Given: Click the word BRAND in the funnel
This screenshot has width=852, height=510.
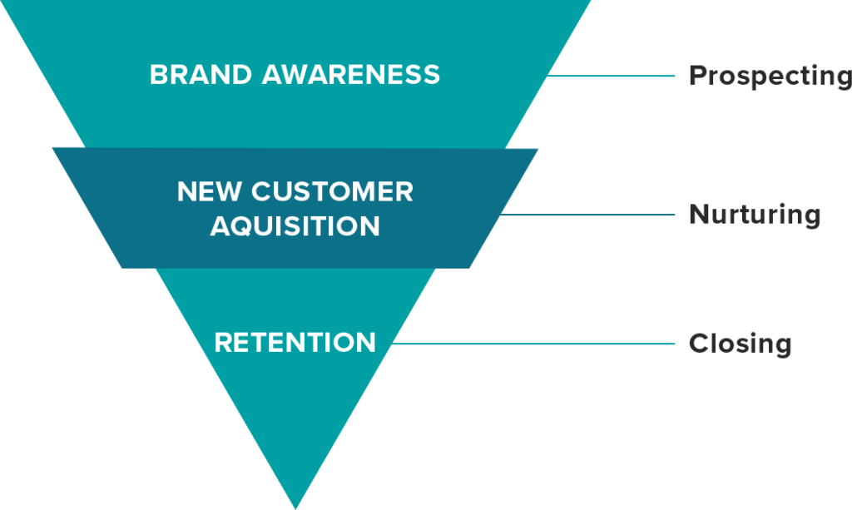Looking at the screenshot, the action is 201,74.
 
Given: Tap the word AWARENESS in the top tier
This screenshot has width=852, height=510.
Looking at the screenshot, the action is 351,74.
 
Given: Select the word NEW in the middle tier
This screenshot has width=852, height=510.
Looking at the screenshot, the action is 209,191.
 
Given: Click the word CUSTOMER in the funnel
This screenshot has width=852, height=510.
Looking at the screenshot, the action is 332,191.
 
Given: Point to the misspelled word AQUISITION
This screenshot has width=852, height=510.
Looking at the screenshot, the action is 295,226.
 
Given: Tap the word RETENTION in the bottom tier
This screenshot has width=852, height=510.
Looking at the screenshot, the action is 295,343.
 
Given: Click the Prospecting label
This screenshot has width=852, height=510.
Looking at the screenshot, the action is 770,76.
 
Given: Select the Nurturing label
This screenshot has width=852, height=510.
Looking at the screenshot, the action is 755,215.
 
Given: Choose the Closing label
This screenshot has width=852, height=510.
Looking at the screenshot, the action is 740,344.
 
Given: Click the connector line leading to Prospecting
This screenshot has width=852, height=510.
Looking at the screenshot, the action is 610,76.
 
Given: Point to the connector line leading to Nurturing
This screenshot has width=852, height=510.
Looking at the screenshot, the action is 587,215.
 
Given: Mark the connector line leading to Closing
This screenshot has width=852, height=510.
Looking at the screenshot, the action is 533,344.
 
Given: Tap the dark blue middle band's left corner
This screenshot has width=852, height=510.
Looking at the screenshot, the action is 52,148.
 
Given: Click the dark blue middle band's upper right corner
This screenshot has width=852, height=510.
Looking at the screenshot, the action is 538,149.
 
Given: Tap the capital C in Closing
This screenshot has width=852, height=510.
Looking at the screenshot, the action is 698,344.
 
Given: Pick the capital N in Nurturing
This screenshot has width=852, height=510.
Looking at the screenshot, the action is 699,214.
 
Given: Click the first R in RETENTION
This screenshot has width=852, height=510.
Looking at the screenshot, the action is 223,343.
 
